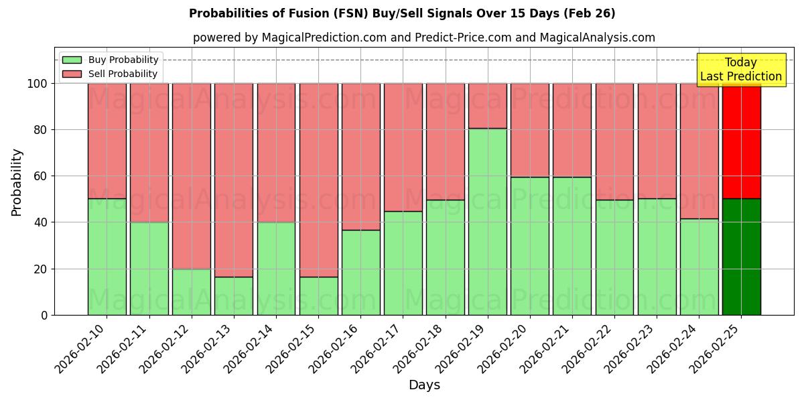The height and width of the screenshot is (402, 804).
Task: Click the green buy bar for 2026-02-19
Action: (x=487, y=221)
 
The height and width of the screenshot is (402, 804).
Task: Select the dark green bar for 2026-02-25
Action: (x=741, y=257)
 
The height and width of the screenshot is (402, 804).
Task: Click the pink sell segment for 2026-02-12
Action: (x=192, y=176)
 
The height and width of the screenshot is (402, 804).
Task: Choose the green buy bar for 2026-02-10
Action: (x=107, y=257)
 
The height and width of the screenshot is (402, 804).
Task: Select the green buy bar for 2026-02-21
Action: (x=572, y=246)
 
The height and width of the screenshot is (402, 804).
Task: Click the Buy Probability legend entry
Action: (x=111, y=60)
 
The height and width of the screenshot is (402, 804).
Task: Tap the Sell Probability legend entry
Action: (x=111, y=74)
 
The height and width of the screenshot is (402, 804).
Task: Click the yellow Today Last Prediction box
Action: (x=741, y=70)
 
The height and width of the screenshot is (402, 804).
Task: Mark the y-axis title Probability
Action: (x=17, y=182)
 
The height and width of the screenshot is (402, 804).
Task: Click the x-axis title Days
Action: (x=424, y=385)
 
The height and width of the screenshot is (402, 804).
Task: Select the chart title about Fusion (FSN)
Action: (x=402, y=13)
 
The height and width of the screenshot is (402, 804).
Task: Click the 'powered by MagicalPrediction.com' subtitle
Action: (x=424, y=38)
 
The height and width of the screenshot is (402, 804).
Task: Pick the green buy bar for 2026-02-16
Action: (x=360, y=272)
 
